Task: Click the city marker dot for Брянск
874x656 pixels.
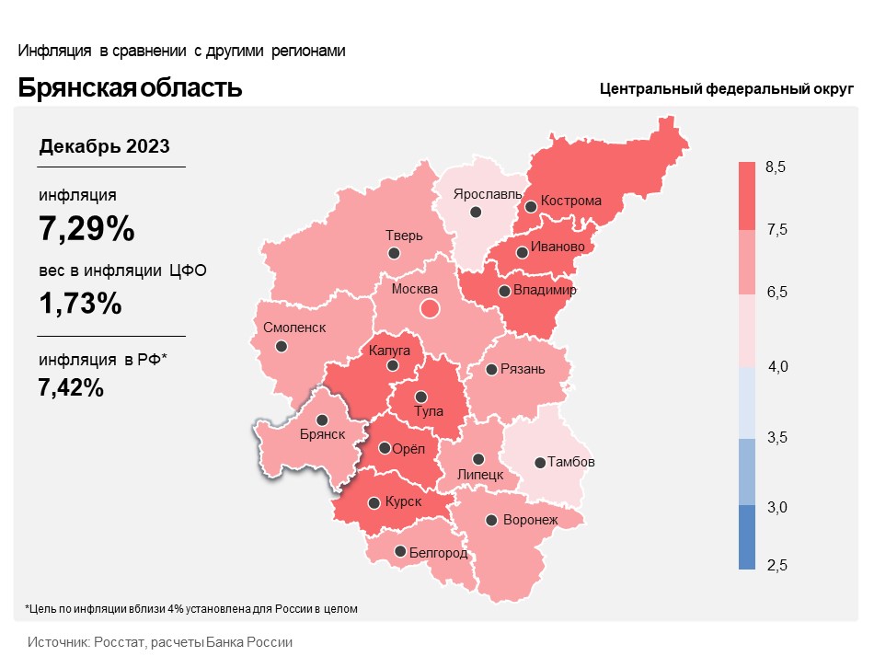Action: [322, 420]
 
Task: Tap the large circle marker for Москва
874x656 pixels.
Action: [429, 309]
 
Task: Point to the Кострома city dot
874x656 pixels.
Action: [530, 207]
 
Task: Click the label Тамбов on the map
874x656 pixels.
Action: [571, 462]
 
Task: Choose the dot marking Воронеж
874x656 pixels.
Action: [492, 520]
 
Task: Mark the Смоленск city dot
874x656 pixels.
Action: [281, 347]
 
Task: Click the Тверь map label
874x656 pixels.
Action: [404, 236]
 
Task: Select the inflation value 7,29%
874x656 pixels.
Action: [86, 228]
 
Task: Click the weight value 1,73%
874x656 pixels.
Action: [80, 303]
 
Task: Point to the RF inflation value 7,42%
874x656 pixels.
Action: [71, 387]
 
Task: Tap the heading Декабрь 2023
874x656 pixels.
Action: [104, 146]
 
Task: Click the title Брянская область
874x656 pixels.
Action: [130, 87]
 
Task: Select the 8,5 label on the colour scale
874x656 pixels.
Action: [776, 167]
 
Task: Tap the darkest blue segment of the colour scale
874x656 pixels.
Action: [746, 537]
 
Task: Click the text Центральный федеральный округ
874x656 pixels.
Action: [727, 89]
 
